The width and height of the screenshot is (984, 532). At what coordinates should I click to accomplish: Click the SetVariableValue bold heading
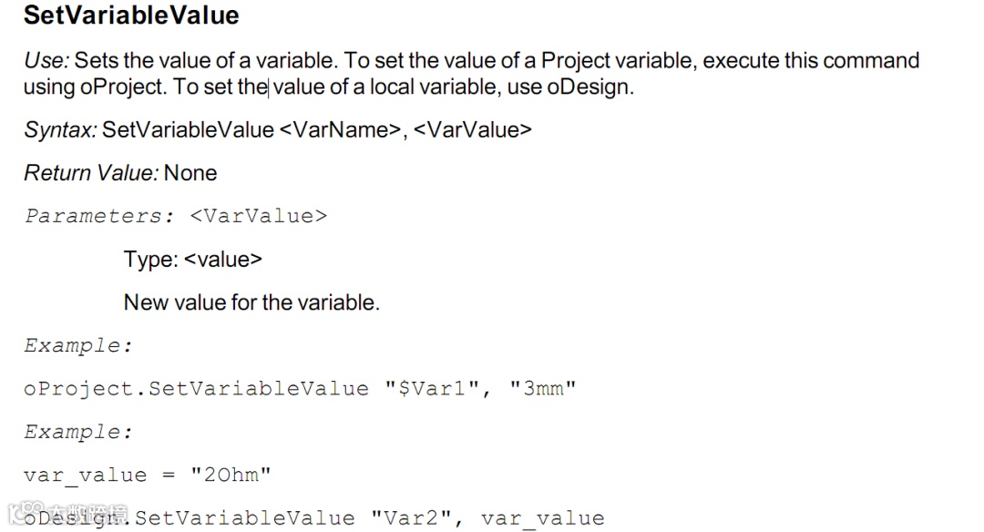[131, 15]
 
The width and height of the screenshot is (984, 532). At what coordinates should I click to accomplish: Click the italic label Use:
[46, 61]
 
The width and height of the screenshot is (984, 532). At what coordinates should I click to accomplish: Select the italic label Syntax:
[60, 129]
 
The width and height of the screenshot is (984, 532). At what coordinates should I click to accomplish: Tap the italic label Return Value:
[91, 173]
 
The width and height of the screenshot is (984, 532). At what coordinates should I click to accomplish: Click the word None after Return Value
[190, 173]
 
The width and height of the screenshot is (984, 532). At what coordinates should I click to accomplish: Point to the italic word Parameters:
[99, 217]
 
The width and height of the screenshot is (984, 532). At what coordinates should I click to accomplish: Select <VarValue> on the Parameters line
[259, 217]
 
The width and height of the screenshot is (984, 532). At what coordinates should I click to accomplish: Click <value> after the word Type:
[223, 260]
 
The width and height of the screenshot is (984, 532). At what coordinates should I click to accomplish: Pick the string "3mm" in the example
[543, 389]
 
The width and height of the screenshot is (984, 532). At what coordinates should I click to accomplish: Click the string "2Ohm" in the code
[231, 476]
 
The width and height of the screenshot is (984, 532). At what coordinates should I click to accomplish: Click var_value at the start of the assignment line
[85, 476]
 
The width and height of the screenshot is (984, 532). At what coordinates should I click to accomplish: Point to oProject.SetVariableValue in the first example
[196, 389]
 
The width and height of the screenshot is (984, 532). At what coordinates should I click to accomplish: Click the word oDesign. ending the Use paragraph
[590, 88]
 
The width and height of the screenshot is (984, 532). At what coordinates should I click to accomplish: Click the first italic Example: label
[78, 346]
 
